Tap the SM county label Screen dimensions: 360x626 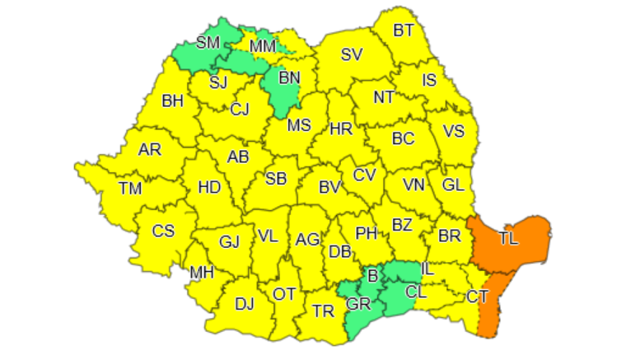pyautogui.click(x=207, y=43)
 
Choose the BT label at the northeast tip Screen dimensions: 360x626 pyautogui.click(x=404, y=31)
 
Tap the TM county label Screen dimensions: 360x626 pyautogui.click(x=130, y=188)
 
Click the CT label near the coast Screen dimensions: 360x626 pyautogui.click(x=477, y=296)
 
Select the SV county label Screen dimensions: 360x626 pyautogui.click(x=352, y=56)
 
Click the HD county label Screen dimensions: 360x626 pyautogui.click(x=209, y=188)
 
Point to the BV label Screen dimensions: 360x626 pyautogui.click(x=329, y=188)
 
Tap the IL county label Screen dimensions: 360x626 pyautogui.click(x=427, y=269)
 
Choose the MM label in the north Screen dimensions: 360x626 pyautogui.click(x=263, y=46)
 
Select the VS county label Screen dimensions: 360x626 pyautogui.click(x=454, y=132)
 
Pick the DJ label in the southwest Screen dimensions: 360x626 pyautogui.click(x=244, y=304)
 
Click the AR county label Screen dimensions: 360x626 pyautogui.click(x=150, y=150)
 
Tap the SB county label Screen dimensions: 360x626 pyautogui.click(x=276, y=178)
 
